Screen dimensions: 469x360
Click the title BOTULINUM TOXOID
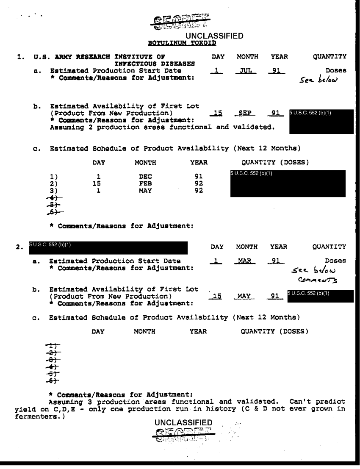coord(182,43)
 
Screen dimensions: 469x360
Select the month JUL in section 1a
coord(244,71)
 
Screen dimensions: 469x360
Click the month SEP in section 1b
coord(244,113)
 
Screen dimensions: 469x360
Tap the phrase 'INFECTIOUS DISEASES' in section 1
coord(154,64)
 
